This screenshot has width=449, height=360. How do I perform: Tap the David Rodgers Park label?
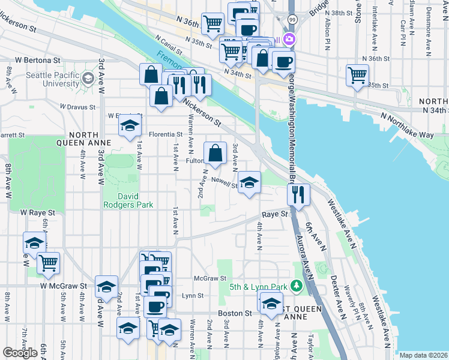click(128, 200)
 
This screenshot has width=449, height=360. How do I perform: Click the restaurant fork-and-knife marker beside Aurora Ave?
click(298, 193)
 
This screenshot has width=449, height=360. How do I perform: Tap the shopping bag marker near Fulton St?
click(215, 154)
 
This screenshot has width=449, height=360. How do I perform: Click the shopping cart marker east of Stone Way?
click(357, 76)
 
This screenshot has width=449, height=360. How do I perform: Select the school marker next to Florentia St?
click(128, 127)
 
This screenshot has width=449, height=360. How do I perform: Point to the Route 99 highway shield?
click(291, 20)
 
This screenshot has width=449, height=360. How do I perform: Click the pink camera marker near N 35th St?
click(290, 40)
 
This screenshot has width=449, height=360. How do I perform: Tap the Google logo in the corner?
click(20, 353)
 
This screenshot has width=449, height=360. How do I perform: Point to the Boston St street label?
click(235, 313)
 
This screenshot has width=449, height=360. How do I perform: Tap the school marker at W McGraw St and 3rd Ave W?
click(106, 288)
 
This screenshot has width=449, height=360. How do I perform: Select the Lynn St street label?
click(193, 296)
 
